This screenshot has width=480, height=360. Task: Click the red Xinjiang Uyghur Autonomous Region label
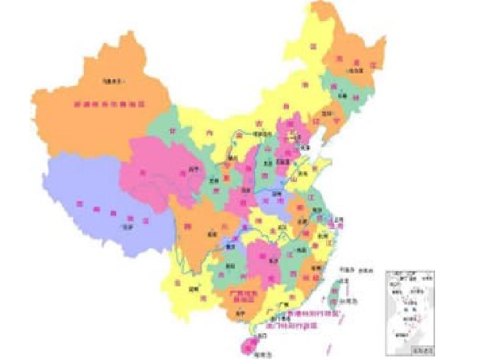point(109,105)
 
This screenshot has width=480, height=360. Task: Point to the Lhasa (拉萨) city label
point(125,227)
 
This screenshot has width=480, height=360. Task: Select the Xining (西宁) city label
point(193,168)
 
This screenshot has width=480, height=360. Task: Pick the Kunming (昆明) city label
point(194,289)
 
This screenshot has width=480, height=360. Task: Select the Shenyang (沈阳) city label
point(326,114)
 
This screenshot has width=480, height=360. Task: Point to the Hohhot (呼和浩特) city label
point(260,134)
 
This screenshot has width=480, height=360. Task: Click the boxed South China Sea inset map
point(409,312)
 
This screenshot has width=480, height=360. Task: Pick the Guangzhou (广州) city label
point(283,305)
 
